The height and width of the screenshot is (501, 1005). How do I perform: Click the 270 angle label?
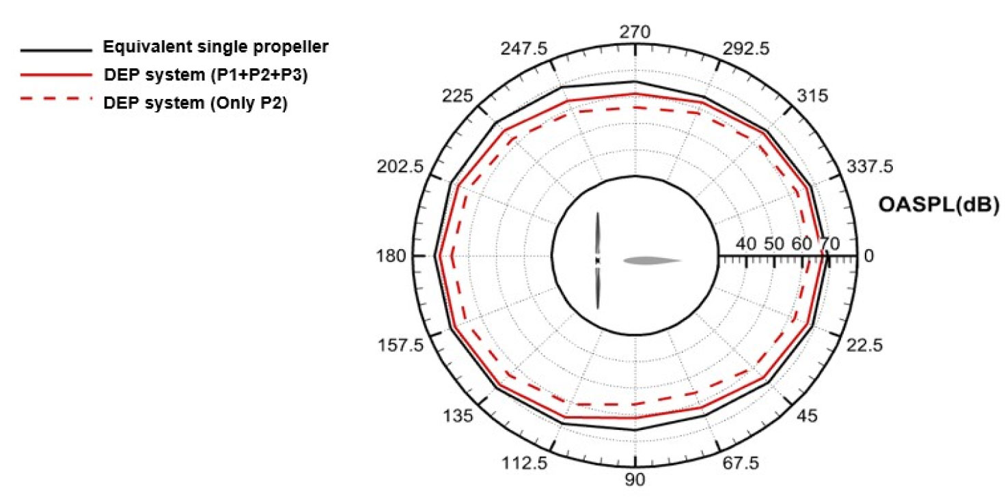635,32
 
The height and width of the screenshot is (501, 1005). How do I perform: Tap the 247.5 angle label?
524,48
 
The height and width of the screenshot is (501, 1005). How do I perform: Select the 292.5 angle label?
745,48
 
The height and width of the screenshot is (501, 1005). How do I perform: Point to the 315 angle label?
812,96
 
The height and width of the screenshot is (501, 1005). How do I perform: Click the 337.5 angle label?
870,167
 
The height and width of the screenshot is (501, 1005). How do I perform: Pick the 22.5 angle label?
864,345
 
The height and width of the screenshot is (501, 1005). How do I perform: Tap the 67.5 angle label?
741,463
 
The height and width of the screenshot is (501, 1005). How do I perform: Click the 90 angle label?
635,480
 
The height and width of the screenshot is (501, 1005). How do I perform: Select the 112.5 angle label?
524,463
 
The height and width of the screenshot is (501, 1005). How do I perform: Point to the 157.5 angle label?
400,345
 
